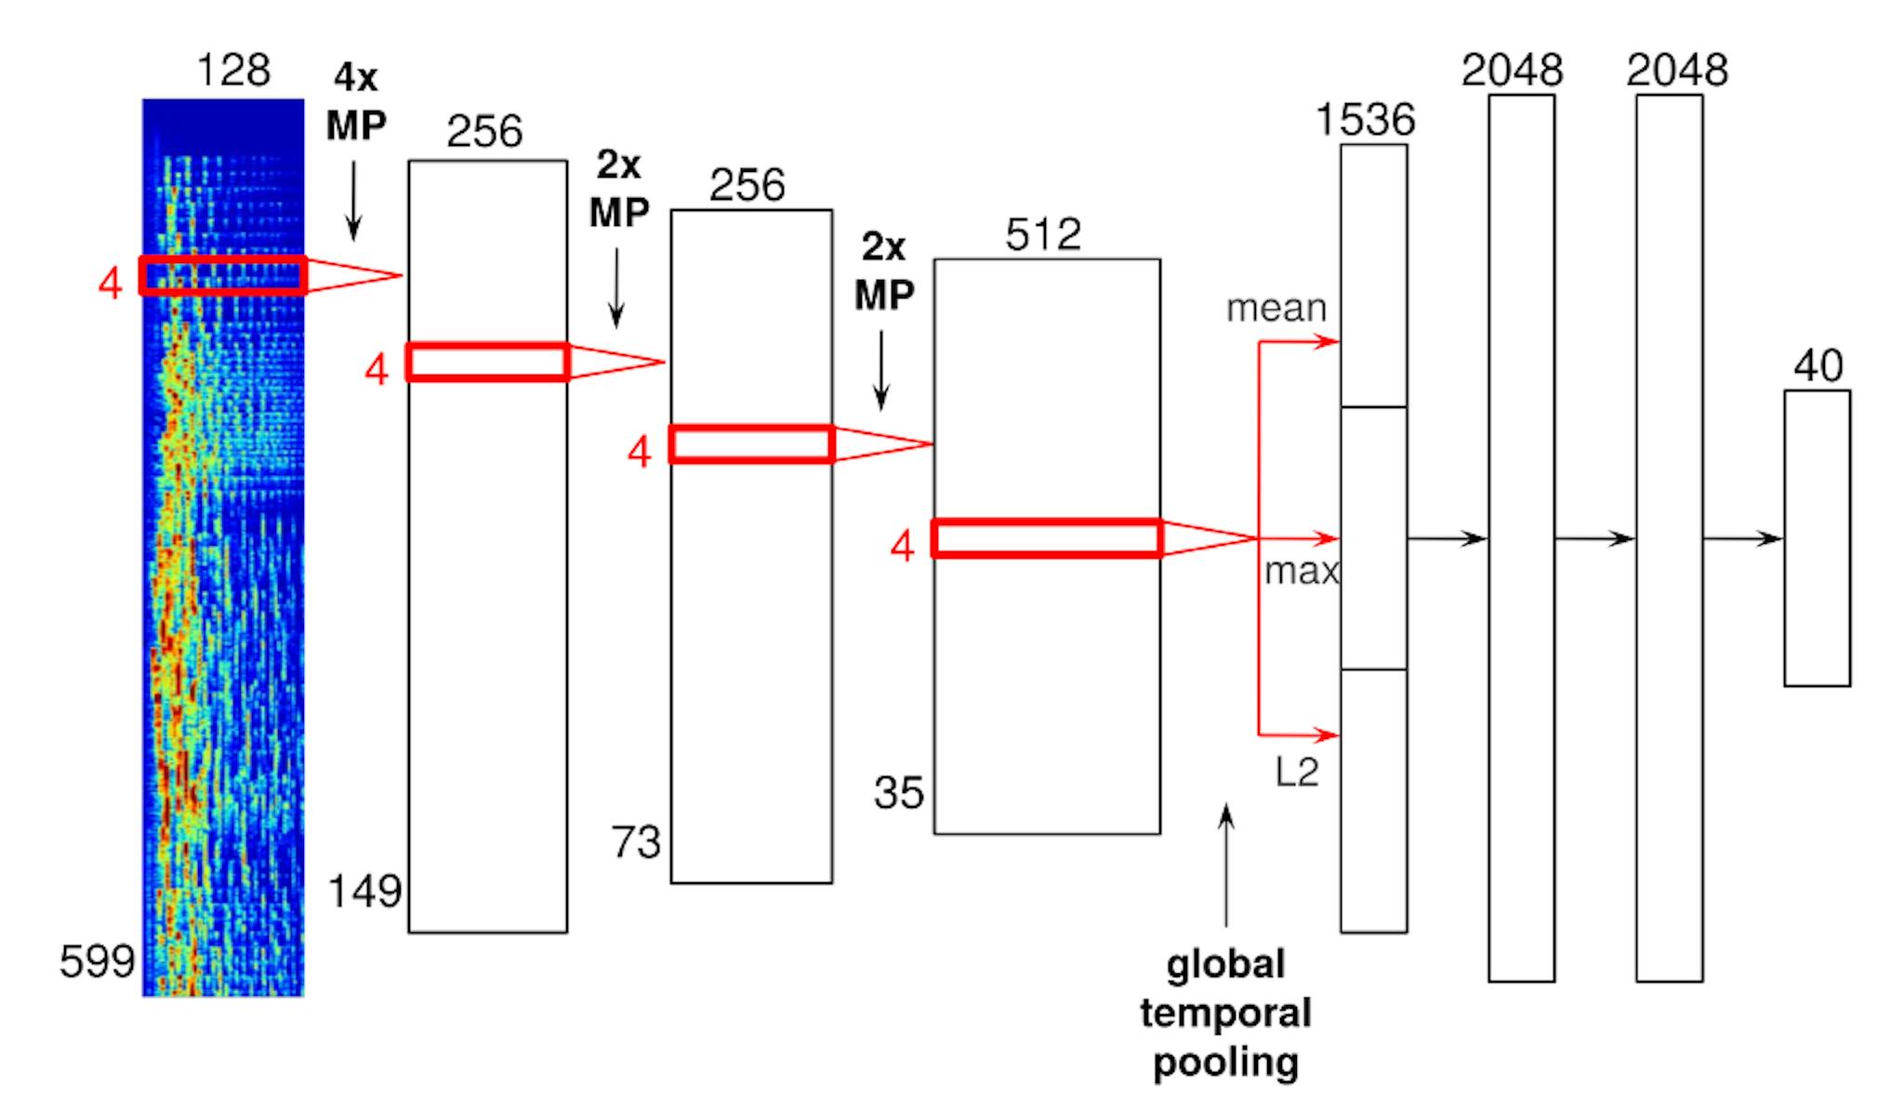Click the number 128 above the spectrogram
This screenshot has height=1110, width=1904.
(x=233, y=71)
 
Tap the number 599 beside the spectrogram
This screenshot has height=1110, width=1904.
(x=98, y=960)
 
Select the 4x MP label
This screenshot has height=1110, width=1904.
(x=356, y=101)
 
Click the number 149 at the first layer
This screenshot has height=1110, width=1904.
(x=364, y=891)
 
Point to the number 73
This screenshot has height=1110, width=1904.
(x=636, y=842)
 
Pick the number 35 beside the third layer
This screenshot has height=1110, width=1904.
(x=899, y=793)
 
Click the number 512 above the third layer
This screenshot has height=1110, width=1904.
(x=1043, y=234)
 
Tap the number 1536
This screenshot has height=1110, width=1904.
(x=1366, y=120)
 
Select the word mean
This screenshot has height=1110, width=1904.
(x=1276, y=309)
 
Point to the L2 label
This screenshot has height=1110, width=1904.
(x=1297, y=772)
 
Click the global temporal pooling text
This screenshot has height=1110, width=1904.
(x=1225, y=1013)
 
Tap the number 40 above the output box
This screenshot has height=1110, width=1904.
(x=1818, y=366)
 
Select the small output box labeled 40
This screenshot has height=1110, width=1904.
(x=1818, y=538)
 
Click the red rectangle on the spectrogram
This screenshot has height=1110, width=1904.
(x=223, y=258)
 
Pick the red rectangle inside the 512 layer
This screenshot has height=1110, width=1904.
(x=1047, y=522)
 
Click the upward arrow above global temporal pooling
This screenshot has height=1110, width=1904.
(x=1226, y=866)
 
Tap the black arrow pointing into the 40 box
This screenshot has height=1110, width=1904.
(x=1743, y=538)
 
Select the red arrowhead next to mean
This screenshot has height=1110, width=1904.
(x=1327, y=342)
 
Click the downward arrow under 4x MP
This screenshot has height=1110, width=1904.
(x=353, y=199)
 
